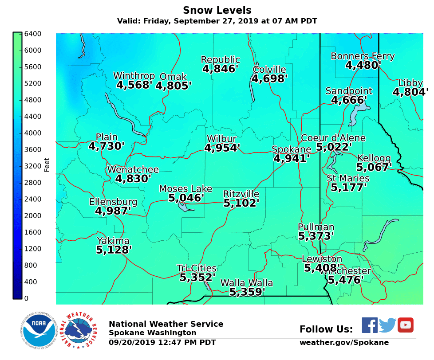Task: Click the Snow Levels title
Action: point(217,10)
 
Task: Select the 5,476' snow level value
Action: point(345,280)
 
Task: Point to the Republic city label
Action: point(220,59)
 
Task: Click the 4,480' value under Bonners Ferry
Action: point(363,65)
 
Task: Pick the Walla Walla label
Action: point(246,283)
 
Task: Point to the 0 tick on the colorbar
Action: point(26,298)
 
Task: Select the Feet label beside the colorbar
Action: point(47,164)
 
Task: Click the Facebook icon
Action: point(369,325)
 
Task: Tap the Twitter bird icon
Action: point(387,325)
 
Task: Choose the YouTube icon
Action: point(405,325)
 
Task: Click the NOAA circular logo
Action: point(39,331)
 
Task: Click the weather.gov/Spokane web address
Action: point(344,342)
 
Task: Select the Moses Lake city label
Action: point(185,189)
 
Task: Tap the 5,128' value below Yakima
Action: point(114,250)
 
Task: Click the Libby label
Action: point(410,83)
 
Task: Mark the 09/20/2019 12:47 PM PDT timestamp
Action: point(162,342)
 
